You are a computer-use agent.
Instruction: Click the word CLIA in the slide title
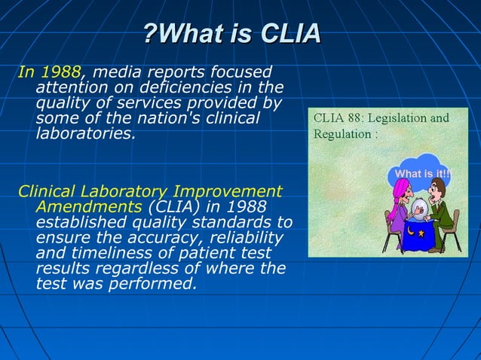[290, 34]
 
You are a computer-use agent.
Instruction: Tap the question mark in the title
[151, 34]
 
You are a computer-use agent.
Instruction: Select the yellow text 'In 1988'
[49, 72]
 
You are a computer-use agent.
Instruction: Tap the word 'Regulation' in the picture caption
[340, 134]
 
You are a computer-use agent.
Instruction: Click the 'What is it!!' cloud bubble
[422, 175]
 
